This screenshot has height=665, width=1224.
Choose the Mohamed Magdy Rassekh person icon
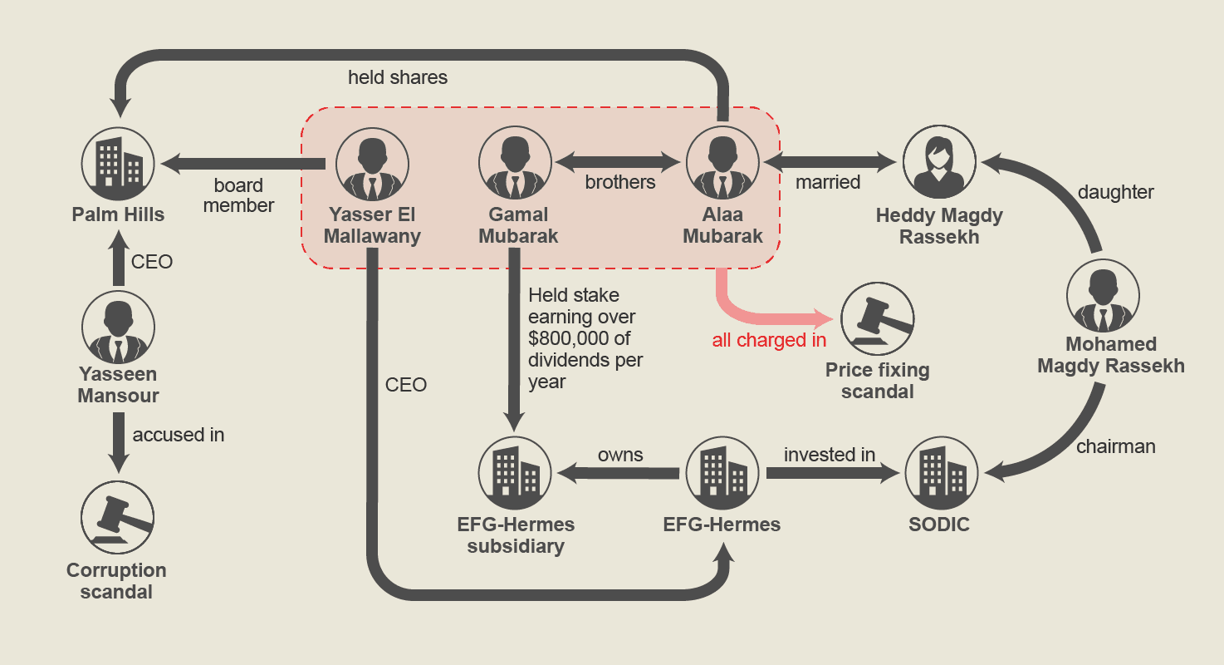1103,296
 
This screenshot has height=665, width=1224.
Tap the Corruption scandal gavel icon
118,518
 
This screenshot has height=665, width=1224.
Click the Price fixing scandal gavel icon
877,319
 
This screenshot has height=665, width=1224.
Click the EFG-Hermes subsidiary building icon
515,474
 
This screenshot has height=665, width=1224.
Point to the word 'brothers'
620,182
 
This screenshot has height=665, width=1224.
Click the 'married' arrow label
828,182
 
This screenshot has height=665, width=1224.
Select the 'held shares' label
398,78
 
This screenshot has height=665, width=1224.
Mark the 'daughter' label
1115,192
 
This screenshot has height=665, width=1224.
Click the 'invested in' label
830,455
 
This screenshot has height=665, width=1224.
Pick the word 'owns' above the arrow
620,455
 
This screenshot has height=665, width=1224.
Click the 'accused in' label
179,435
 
